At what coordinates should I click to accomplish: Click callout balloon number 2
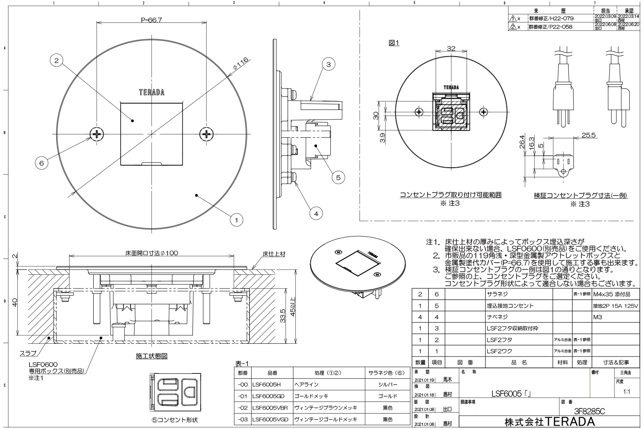tap(57, 61)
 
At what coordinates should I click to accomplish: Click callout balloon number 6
tap(41, 163)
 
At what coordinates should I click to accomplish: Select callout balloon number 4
tap(316, 214)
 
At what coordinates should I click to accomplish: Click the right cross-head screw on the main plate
tap(207, 134)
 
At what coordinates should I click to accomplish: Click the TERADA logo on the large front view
tap(152, 93)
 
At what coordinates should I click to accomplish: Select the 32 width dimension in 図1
tap(451, 49)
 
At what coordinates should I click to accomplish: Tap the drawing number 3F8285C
tap(590, 411)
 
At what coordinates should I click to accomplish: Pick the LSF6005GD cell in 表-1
tap(269, 396)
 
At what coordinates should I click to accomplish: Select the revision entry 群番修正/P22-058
tap(550, 27)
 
